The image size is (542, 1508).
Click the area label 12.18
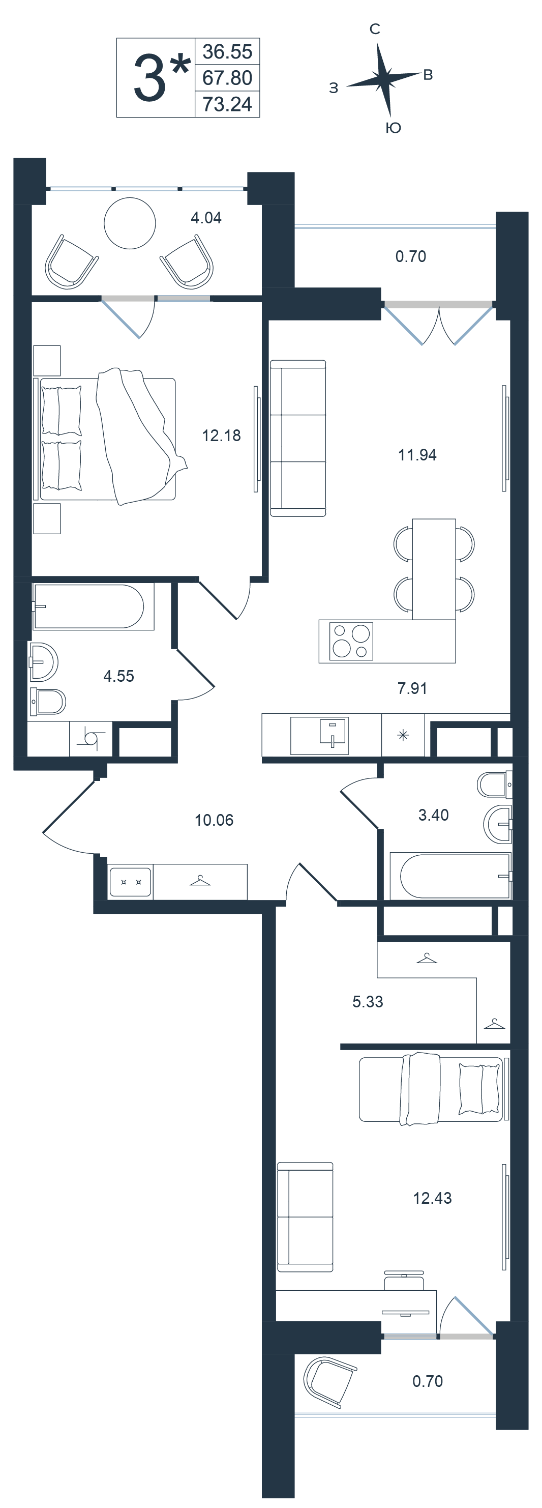(x=221, y=436)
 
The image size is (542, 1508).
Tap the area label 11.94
(x=417, y=455)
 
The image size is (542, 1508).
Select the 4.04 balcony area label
(x=206, y=218)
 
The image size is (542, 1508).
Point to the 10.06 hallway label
(x=214, y=820)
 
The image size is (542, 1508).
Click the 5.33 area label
(x=368, y=1002)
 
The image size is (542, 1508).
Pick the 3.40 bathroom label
(x=433, y=815)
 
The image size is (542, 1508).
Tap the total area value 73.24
(x=227, y=104)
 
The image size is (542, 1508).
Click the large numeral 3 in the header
(x=150, y=78)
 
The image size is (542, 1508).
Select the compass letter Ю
(x=394, y=128)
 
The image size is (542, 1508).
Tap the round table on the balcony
(x=130, y=223)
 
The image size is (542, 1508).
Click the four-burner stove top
(x=351, y=642)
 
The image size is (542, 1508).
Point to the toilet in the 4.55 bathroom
(x=47, y=701)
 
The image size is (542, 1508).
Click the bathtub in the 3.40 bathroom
(x=450, y=876)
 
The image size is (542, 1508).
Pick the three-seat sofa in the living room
(x=297, y=439)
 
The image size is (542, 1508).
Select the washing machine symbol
(x=91, y=738)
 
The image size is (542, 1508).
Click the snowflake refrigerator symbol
(x=403, y=735)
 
